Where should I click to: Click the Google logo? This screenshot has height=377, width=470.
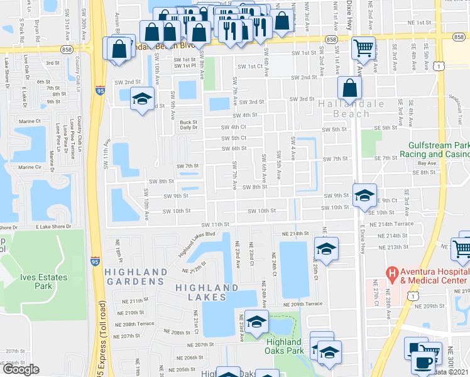(20, 369)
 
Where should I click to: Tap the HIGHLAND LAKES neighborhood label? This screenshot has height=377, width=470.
(208, 292)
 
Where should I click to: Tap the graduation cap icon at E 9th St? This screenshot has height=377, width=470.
(364, 195)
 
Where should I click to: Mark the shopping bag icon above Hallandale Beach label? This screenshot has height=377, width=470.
(349, 87)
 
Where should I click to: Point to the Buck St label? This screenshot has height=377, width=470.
(189, 123)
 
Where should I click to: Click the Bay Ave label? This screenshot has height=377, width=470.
(425, 163)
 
